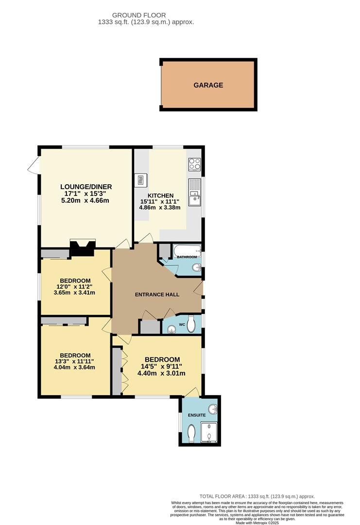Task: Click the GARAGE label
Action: coord(208,85)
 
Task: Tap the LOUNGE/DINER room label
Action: coord(86,187)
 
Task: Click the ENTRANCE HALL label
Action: coord(157,295)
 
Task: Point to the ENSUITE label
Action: coord(197,415)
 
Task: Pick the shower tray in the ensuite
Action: coord(210,432)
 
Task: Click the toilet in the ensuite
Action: coord(191,432)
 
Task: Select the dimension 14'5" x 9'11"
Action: coord(163,367)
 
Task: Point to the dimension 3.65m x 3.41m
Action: coord(75,293)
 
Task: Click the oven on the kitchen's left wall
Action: coord(140,180)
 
